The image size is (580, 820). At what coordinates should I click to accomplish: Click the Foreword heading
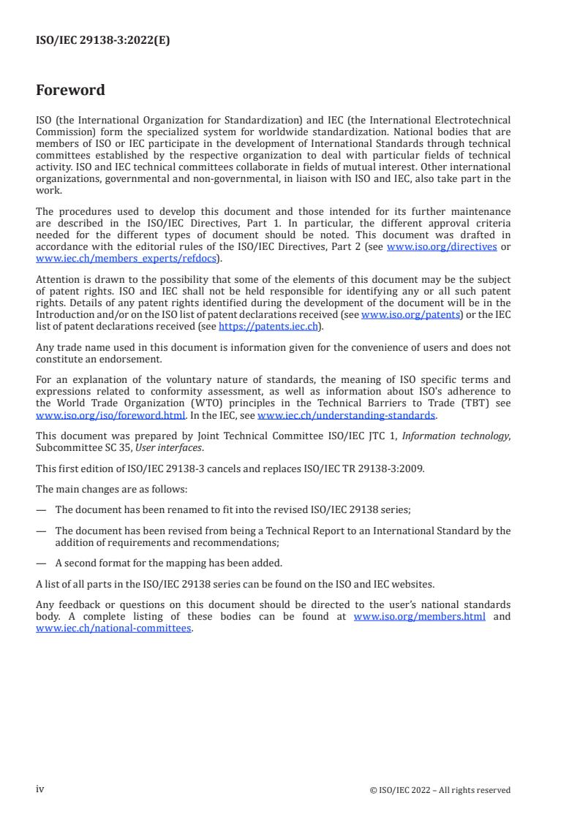70,91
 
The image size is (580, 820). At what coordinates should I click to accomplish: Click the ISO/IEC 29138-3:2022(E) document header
102,41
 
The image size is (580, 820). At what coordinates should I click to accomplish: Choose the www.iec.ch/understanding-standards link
347,415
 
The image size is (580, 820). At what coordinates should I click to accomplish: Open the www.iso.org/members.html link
419,617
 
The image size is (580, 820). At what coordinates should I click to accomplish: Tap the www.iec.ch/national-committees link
113,628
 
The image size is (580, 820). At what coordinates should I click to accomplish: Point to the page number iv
40,789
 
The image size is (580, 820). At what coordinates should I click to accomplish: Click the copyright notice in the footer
440,790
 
